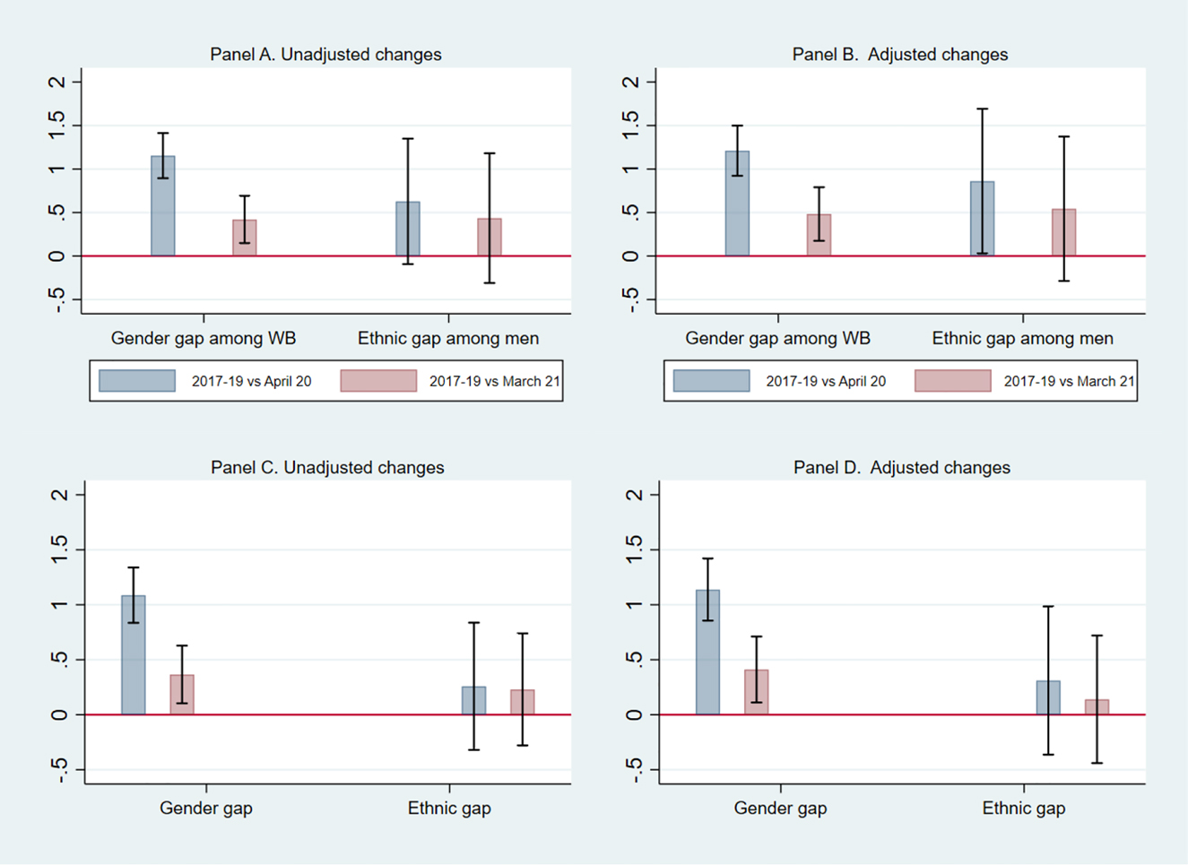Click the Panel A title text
click(x=325, y=55)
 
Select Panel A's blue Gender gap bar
click(x=163, y=206)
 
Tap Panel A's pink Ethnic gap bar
click(x=490, y=238)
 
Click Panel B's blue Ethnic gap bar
click(x=983, y=219)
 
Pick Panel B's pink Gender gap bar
click(x=819, y=235)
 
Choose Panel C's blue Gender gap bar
click(x=134, y=655)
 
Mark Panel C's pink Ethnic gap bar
click(x=523, y=703)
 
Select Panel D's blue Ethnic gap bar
click(x=1048, y=698)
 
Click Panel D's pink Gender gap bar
click(x=756, y=692)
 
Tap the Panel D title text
click(x=901, y=468)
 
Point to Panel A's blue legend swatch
click(x=137, y=381)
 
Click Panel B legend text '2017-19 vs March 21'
click(x=1069, y=381)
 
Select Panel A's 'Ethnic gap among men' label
click(x=448, y=339)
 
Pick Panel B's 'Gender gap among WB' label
click(x=777, y=339)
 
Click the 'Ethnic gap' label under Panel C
click(x=449, y=809)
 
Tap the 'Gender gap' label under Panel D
click(x=780, y=809)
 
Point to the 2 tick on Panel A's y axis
click(x=59, y=82)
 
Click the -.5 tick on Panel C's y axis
click(x=59, y=770)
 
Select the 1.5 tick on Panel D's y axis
click(x=634, y=549)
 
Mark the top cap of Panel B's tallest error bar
click(x=983, y=109)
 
